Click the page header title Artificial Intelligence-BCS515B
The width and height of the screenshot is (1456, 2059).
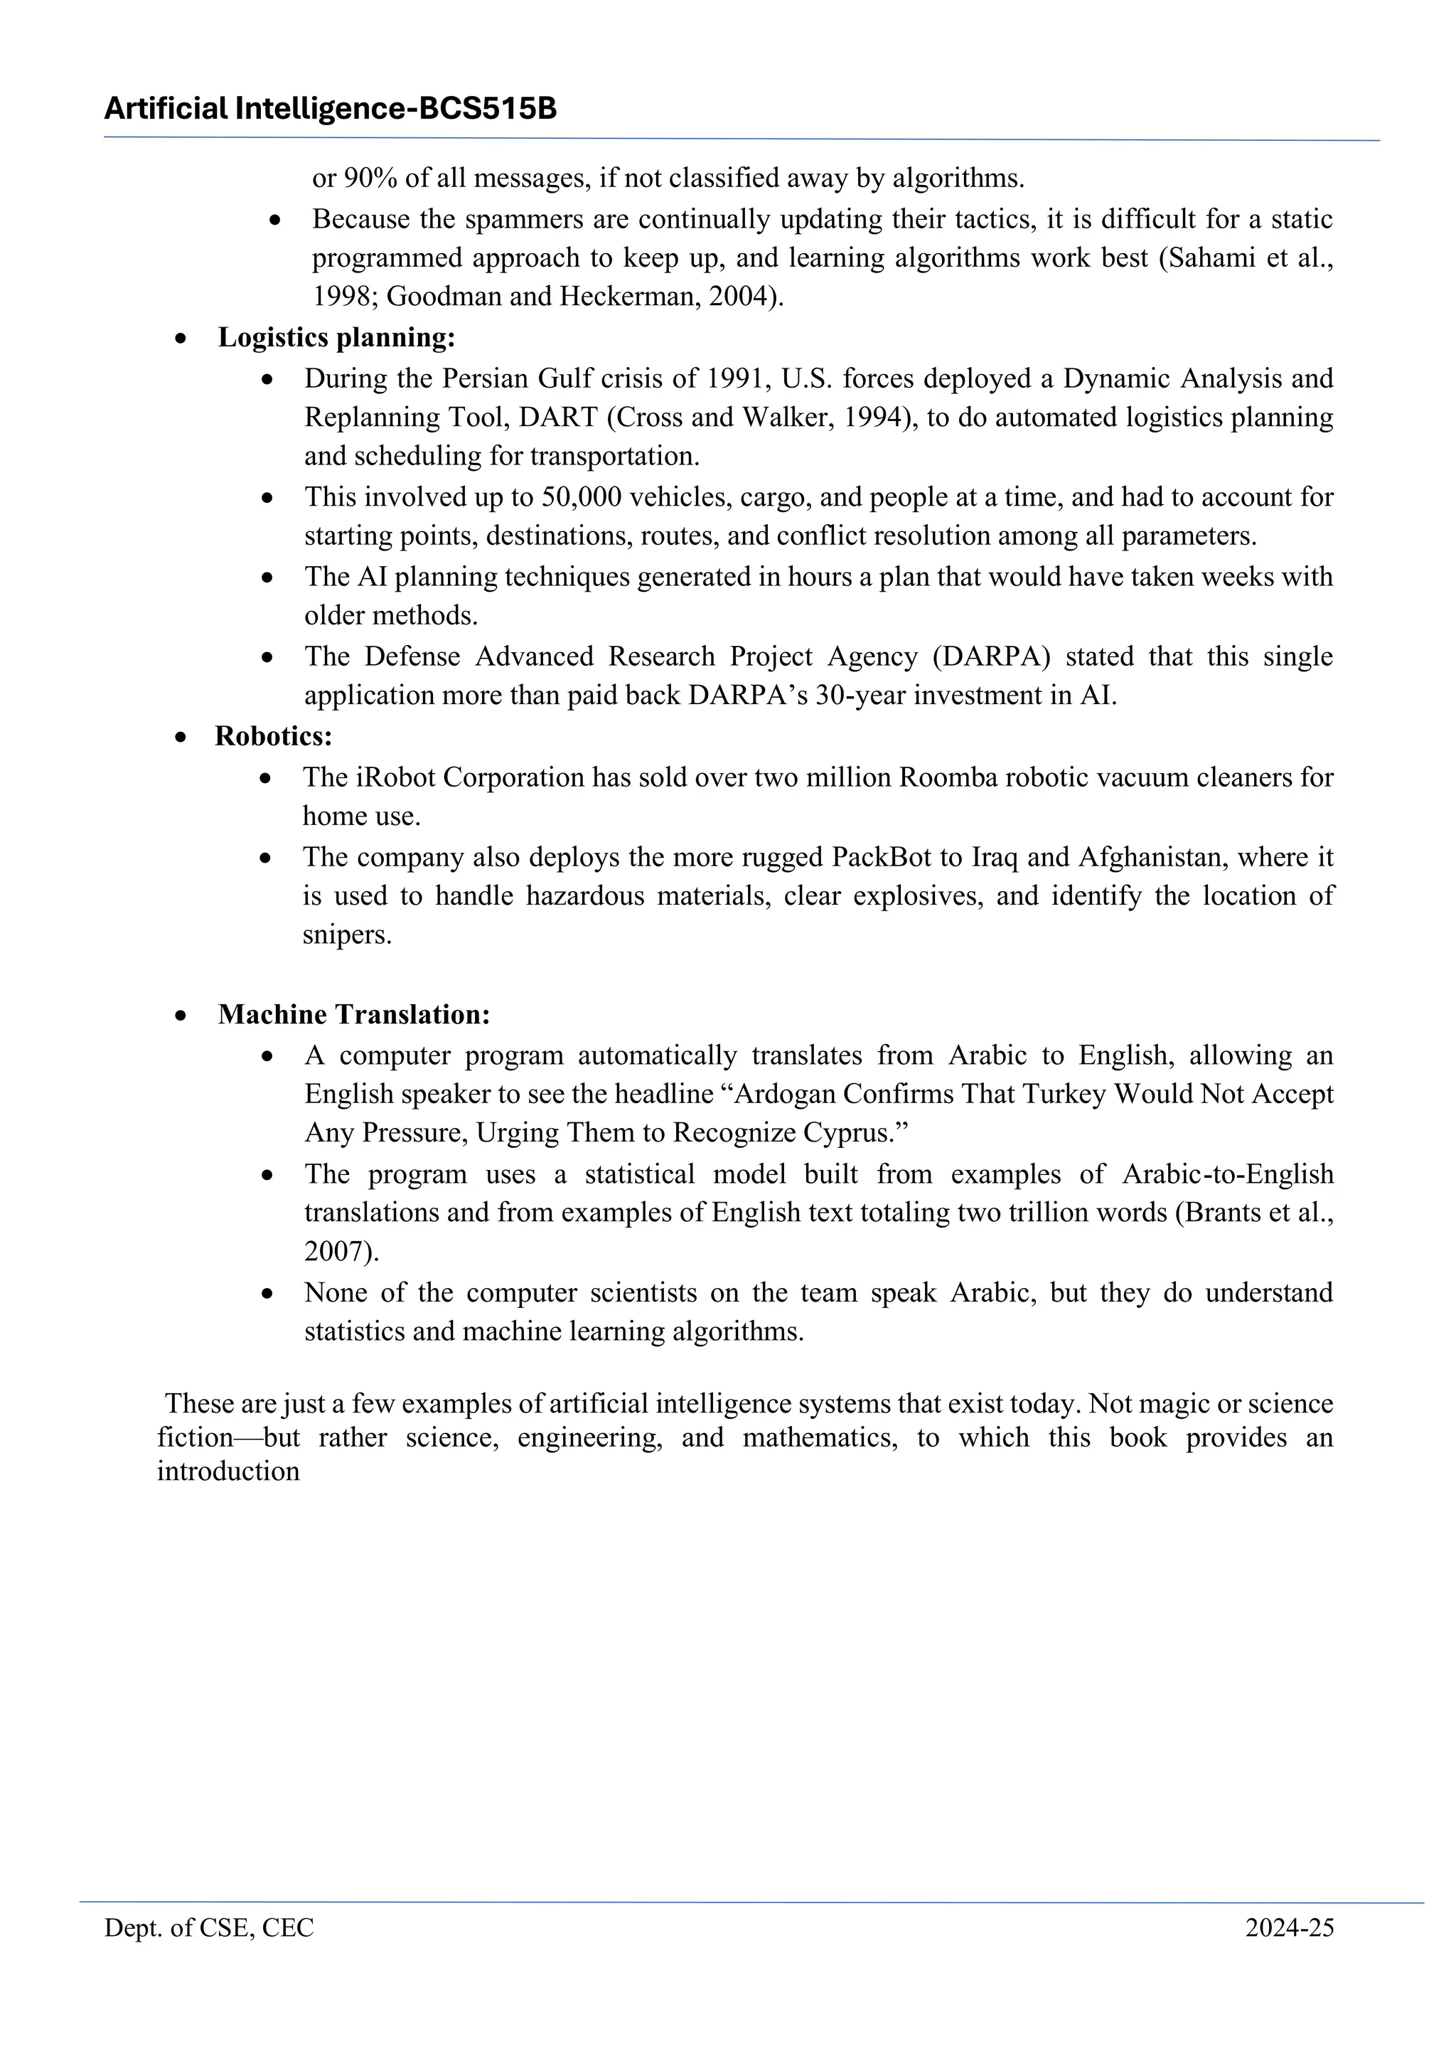coord(330,109)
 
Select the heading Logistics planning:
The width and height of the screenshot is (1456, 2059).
coord(336,337)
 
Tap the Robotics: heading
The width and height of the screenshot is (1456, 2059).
coord(274,735)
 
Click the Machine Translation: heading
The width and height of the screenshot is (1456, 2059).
coord(353,1014)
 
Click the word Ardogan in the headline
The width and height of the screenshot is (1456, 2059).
coord(792,1094)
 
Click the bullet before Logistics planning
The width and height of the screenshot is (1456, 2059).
coord(182,339)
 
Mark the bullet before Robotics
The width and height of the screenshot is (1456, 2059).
coord(182,737)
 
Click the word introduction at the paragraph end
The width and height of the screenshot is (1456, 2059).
coord(227,1472)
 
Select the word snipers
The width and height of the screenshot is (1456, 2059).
coord(346,935)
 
